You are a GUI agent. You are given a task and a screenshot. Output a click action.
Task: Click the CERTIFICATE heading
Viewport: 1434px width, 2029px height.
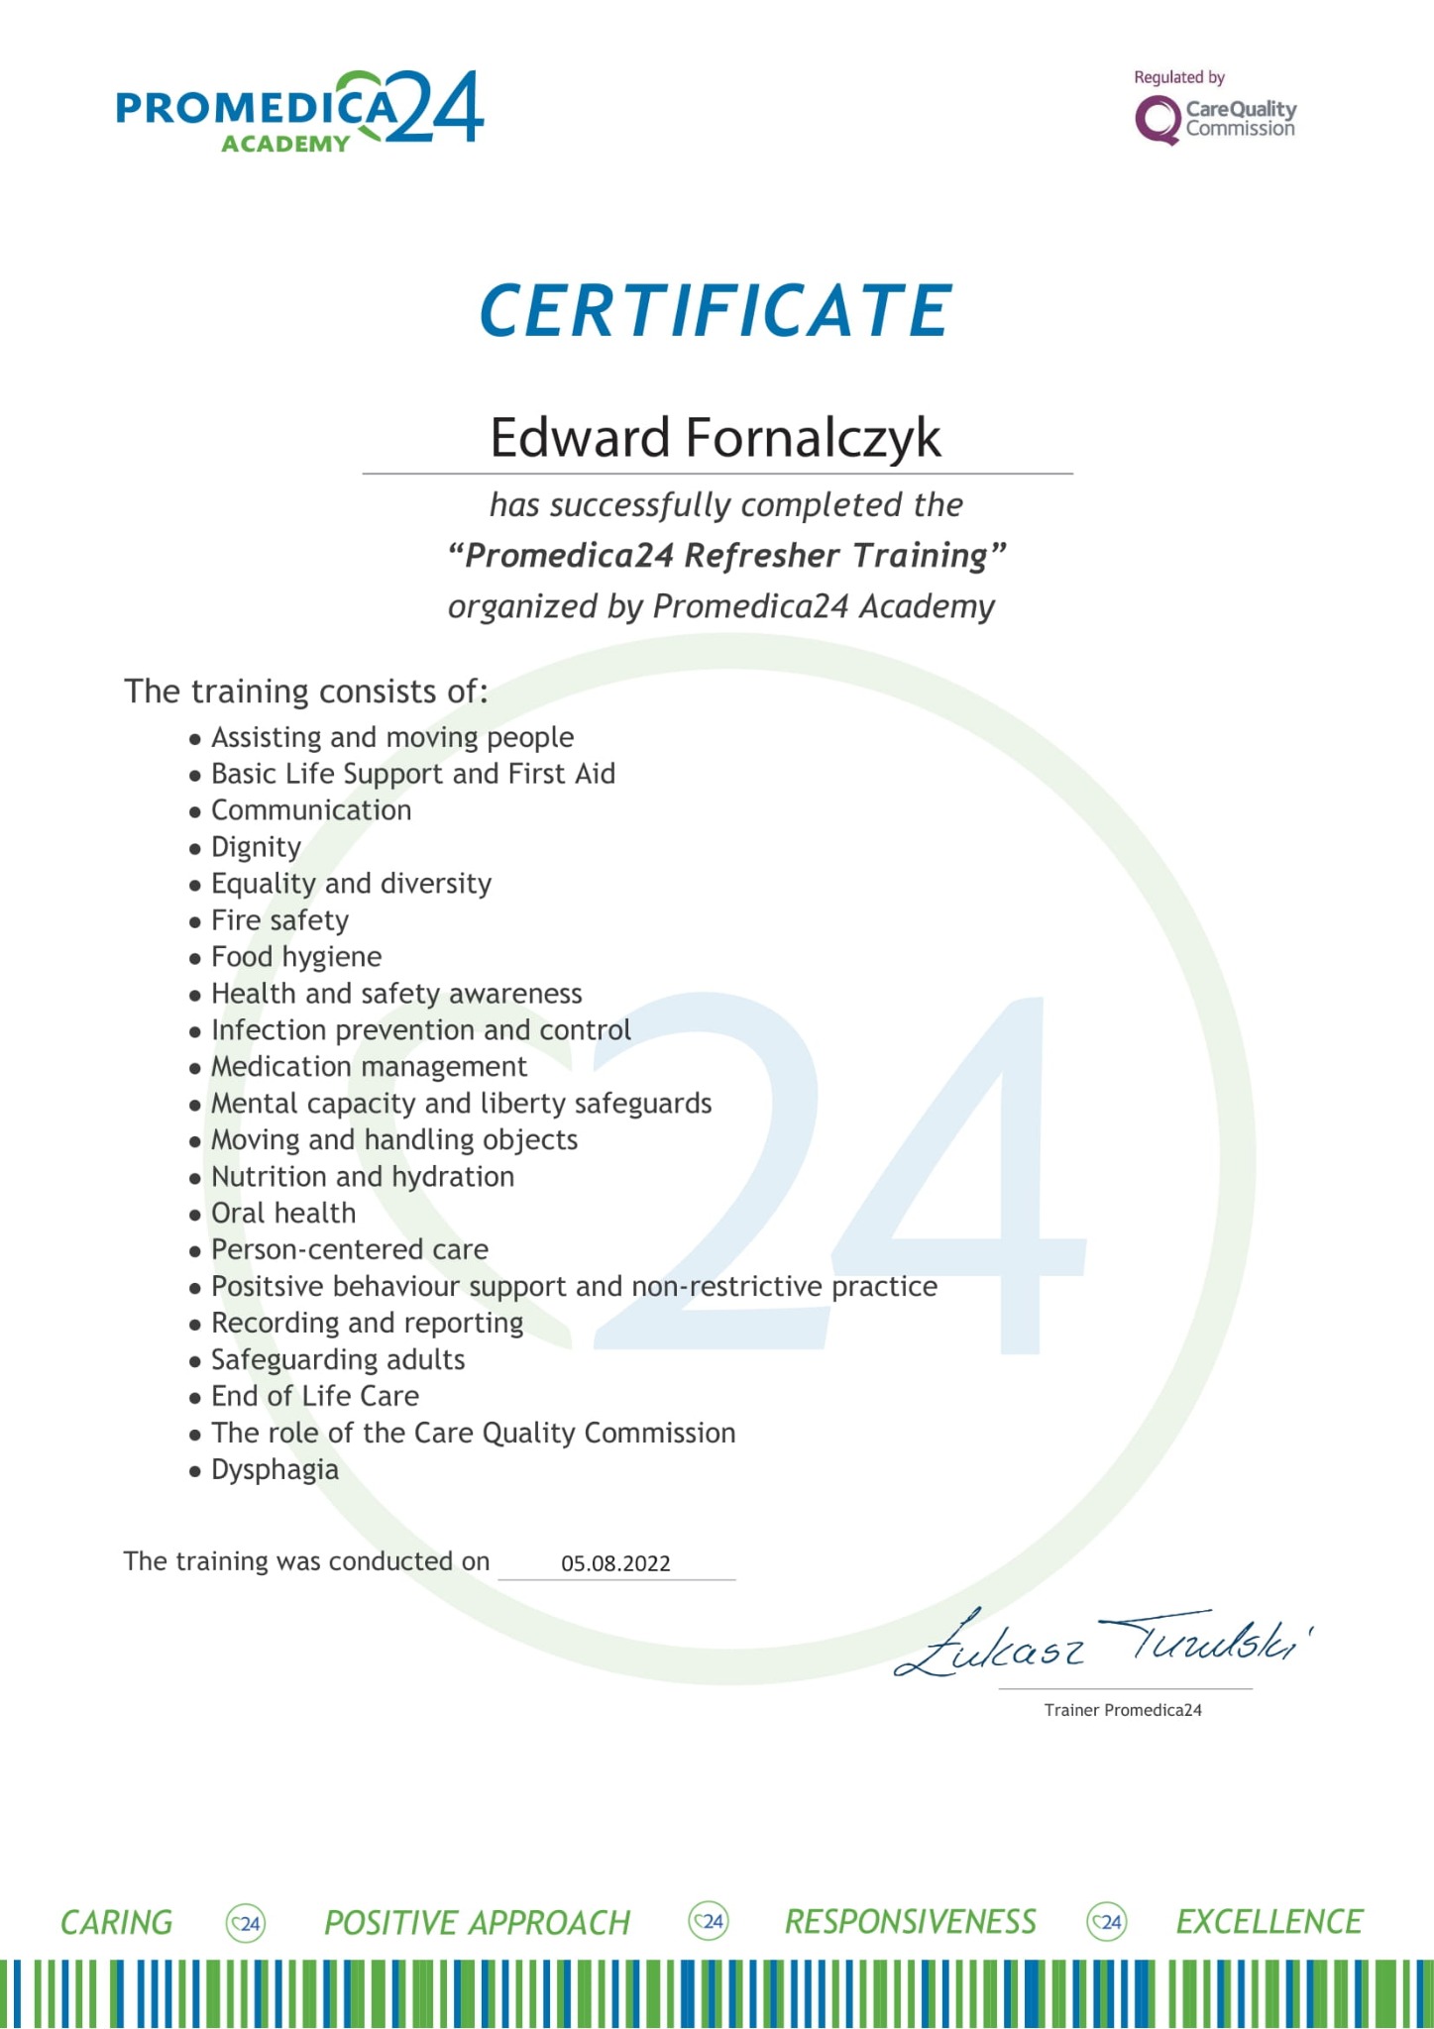[716, 311]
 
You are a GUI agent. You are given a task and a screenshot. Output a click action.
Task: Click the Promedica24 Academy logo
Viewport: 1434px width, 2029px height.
[299, 112]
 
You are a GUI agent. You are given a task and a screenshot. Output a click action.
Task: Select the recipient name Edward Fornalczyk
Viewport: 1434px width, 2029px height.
[716, 438]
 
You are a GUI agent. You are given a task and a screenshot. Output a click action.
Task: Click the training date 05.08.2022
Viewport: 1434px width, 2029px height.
[615, 1563]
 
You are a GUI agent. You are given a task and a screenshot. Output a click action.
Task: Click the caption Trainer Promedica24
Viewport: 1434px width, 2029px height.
[1123, 1710]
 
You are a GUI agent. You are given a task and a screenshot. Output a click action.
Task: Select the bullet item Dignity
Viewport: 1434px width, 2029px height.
[256, 847]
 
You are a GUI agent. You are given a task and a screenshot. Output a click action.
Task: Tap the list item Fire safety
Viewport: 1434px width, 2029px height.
[279, 920]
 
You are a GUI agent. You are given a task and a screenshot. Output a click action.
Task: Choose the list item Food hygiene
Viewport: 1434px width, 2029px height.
[295, 957]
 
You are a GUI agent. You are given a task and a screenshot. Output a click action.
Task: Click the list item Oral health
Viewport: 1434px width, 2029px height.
[283, 1213]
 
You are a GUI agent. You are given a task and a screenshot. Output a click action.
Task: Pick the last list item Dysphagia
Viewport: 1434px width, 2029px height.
[275, 1469]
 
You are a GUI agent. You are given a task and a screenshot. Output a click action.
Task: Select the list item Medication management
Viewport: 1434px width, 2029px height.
[369, 1067]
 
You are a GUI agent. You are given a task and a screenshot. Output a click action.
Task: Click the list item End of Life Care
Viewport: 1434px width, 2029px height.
[315, 1396]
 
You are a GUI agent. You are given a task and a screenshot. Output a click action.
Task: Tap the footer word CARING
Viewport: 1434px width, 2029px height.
[116, 1923]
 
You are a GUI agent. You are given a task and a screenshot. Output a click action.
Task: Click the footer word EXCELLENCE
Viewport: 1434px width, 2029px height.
[1269, 1922]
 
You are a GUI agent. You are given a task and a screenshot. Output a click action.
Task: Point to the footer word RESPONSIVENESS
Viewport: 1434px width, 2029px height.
[910, 1922]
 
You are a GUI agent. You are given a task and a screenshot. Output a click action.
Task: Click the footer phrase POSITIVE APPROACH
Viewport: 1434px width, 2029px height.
[477, 1923]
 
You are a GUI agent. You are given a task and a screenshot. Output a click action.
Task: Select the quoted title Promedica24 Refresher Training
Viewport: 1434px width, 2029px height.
[726, 556]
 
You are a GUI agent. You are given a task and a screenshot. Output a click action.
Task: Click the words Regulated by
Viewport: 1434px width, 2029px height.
[1179, 77]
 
